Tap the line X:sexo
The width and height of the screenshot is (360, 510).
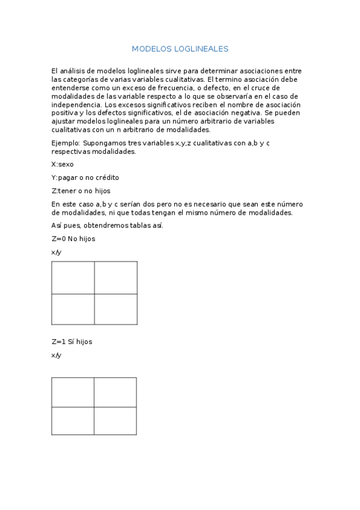(x=62, y=164)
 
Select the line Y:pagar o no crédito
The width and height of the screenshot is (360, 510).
(x=85, y=177)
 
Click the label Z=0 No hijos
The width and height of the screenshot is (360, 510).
(x=73, y=239)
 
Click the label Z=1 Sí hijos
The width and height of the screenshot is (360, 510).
(x=72, y=342)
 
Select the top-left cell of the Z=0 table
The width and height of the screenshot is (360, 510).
(x=73, y=277)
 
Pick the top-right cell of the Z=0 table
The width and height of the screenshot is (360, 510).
(x=115, y=277)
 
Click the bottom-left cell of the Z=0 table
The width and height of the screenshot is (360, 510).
(x=73, y=309)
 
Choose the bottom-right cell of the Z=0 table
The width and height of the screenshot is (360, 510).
(x=115, y=309)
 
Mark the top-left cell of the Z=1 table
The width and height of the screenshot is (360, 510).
(x=73, y=392)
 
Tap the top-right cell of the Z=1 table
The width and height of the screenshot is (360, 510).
(x=115, y=392)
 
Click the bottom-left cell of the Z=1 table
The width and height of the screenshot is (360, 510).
(x=73, y=420)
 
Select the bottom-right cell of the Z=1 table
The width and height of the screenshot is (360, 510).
(x=115, y=420)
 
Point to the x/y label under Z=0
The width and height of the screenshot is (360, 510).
(x=56, y=252)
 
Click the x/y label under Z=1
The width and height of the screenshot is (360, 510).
(x=56, y=355)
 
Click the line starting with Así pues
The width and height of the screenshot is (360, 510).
(x=107, y=226)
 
